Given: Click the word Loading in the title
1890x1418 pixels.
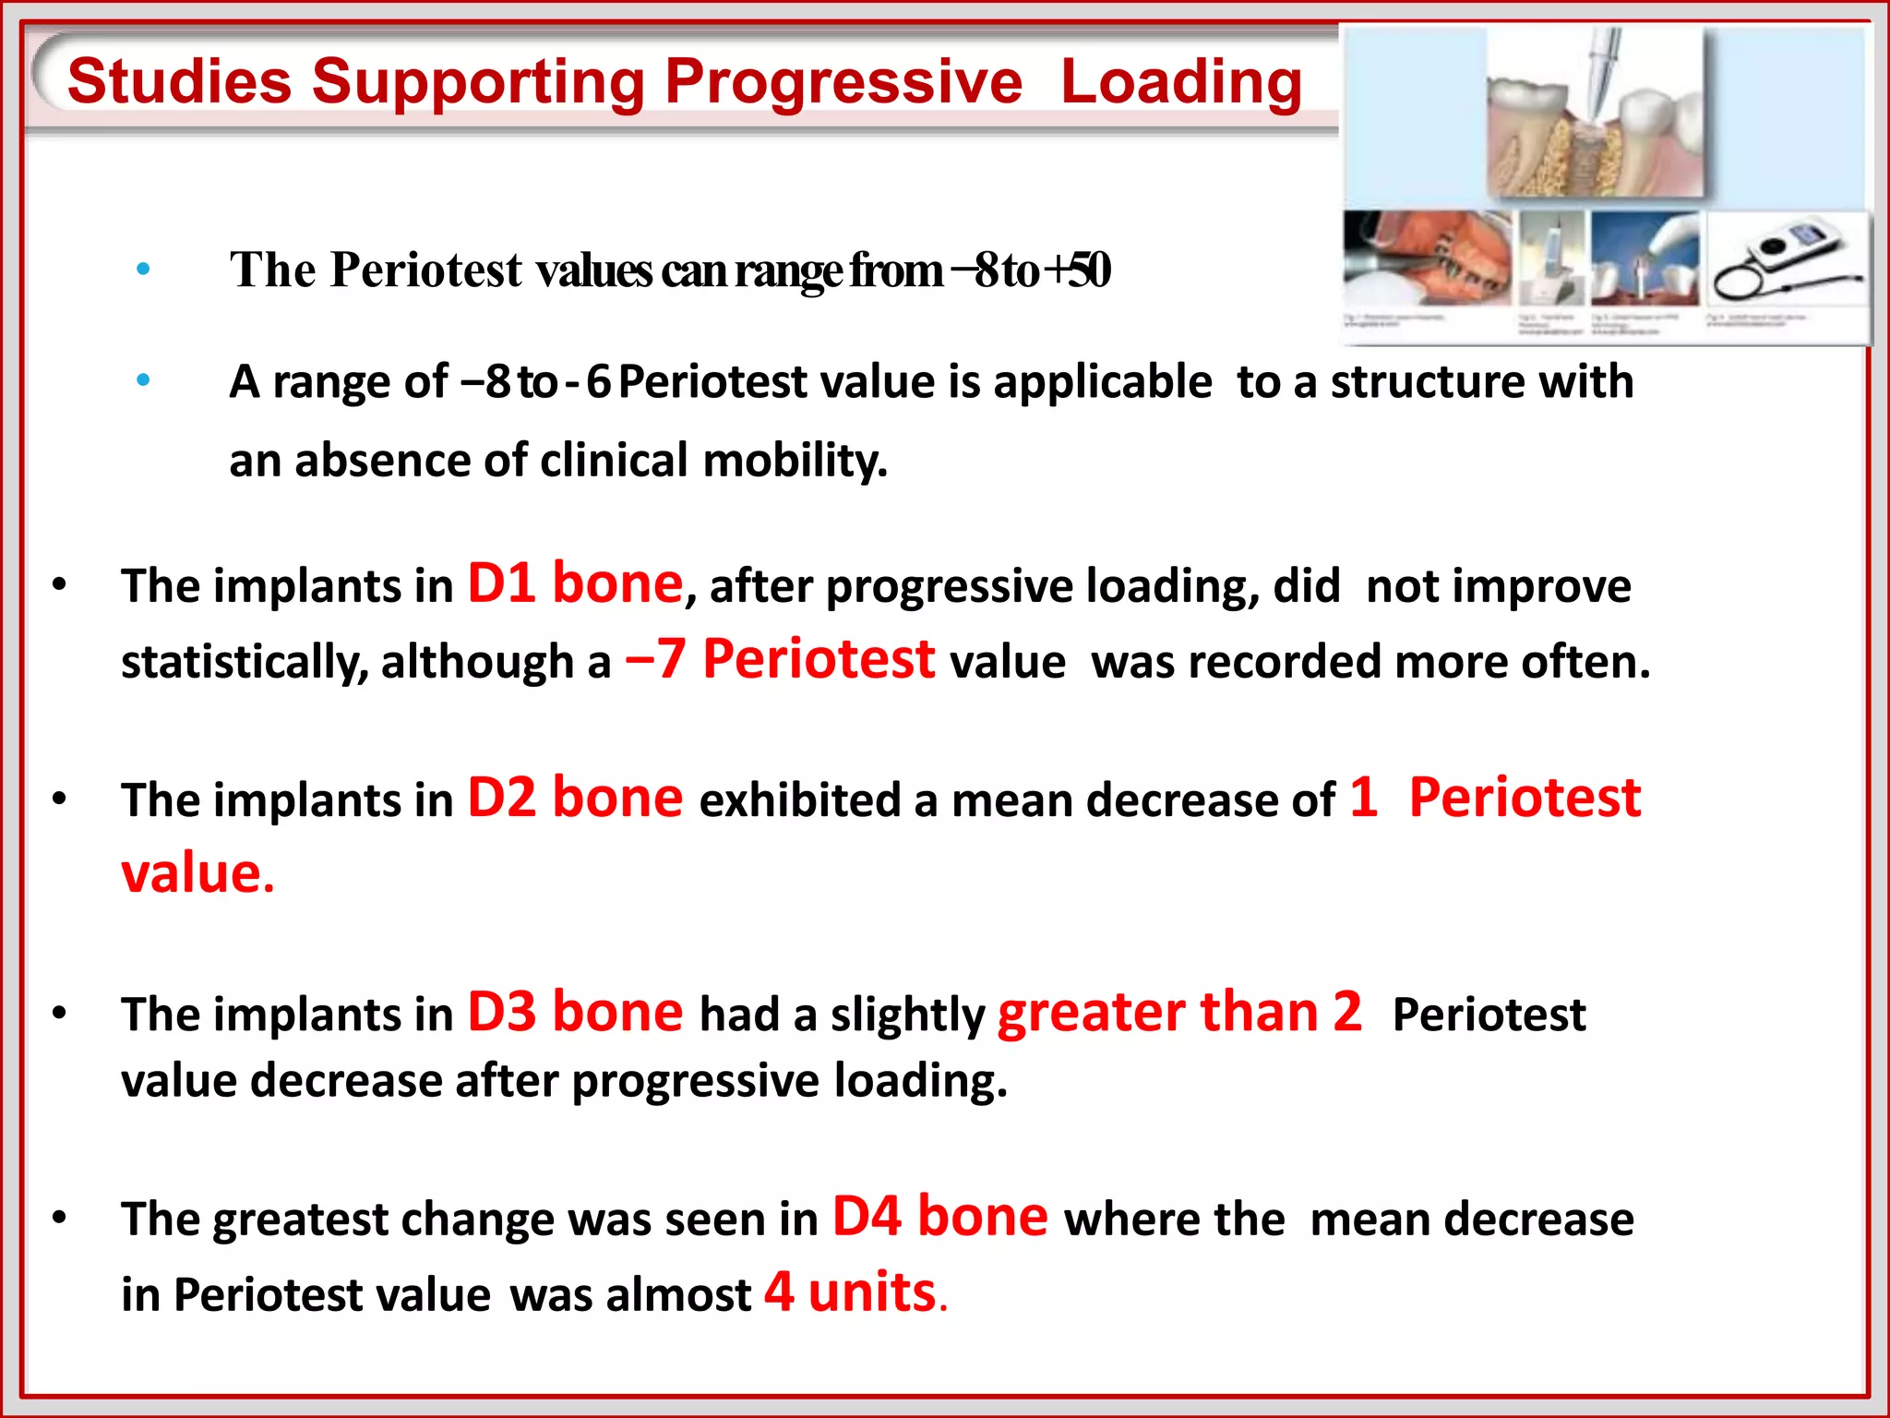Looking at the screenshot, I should point(1180,81).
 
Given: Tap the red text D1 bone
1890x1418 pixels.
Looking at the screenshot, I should point(575,584).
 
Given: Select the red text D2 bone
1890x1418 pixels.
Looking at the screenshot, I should point(575,799).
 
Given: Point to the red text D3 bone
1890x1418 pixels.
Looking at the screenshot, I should point(575,1013).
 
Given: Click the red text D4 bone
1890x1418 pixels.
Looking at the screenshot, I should point(939,1217).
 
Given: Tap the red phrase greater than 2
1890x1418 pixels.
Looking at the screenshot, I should point(1178,1013).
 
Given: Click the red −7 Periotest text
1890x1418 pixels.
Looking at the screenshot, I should point(780,660).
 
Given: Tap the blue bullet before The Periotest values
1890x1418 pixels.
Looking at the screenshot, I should point(143,270).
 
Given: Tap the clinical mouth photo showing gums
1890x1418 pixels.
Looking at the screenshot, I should point(1426,258).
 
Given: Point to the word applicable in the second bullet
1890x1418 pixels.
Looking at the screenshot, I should point(1102,382).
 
